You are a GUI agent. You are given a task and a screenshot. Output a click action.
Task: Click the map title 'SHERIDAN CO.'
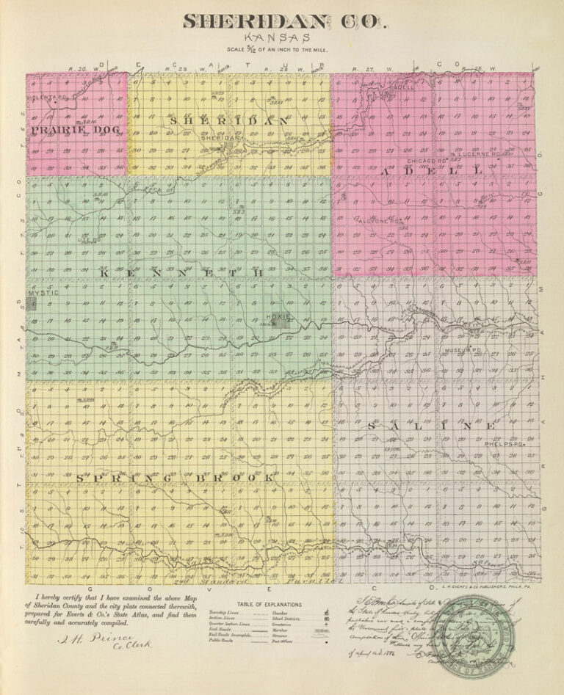[283, 21]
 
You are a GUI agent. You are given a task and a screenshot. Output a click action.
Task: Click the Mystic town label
[42, 293]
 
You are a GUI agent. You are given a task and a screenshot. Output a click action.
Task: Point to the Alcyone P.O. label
[381, 220]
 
